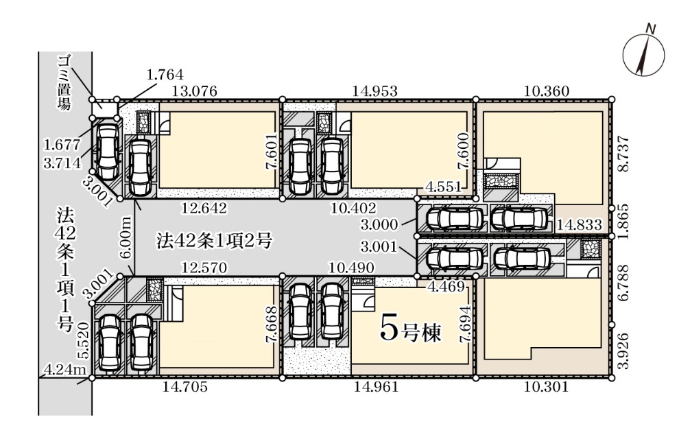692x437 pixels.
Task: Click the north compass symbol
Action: [643, 55]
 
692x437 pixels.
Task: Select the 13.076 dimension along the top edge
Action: [195, 91]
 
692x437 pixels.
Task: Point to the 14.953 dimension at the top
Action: [374, 91]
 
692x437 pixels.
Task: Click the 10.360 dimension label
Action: [547, 91]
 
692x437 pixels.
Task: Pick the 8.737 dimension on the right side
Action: [623, 154]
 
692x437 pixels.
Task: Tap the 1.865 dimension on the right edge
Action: [623, 222]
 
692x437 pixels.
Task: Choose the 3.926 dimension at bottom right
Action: [623, 351]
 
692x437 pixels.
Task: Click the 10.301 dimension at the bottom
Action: [546, 387]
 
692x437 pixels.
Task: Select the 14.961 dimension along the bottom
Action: [376, 387]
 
